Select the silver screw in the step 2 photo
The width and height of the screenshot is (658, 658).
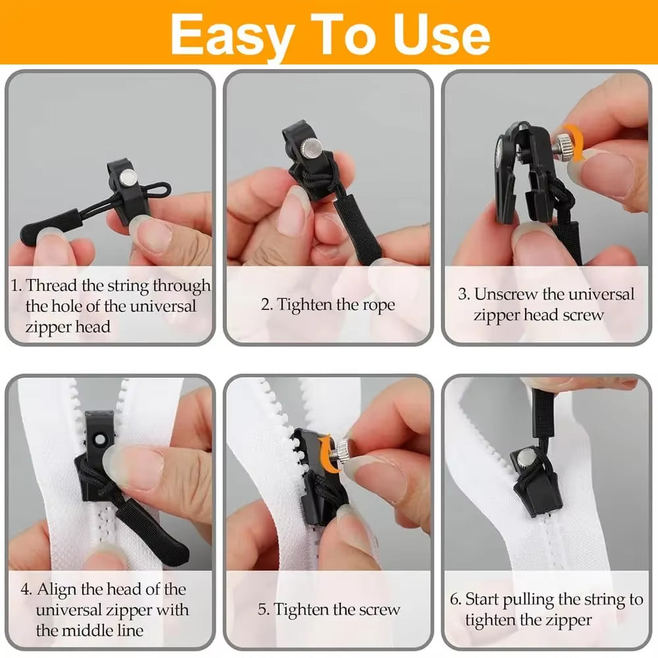(x=311, y=147)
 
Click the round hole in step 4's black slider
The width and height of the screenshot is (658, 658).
(x=100, y=440)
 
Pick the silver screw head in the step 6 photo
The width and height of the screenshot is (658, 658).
(x=526, y=459)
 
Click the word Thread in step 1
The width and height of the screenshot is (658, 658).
(x=52, y=286)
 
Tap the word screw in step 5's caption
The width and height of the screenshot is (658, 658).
(x=377, y=610)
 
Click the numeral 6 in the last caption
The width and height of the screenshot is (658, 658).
(x=455, y=599)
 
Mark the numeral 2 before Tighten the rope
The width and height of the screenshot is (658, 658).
(x=265, y=305)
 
